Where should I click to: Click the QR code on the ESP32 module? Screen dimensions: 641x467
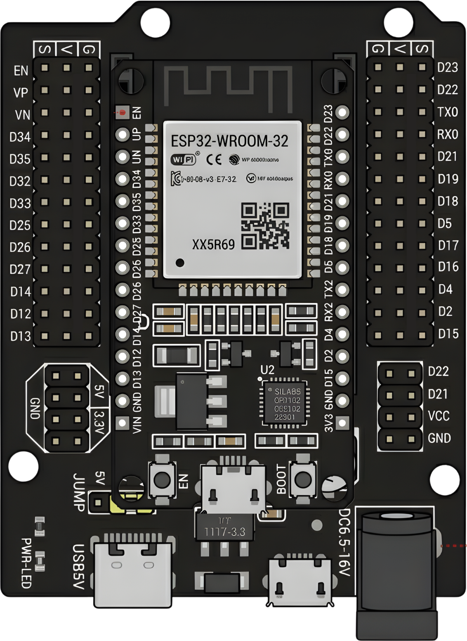tap(265, 226)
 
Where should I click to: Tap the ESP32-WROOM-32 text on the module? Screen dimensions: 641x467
tap(229, 141)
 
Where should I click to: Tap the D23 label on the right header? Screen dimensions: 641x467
tap(448, 67)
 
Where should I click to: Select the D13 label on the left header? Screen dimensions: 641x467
tap(21, 336)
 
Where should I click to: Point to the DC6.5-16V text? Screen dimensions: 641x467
tap(344, 542)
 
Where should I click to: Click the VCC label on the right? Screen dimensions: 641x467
tap(439, 415)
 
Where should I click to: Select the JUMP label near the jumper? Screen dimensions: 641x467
tap(79, 491)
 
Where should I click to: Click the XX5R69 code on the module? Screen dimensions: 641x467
tap(213, 245)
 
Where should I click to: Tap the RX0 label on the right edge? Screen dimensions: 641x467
tap(448, 134)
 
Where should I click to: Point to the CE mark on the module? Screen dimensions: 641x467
tap(214, 159)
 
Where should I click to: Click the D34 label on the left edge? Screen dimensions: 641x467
tap(20, 137)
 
